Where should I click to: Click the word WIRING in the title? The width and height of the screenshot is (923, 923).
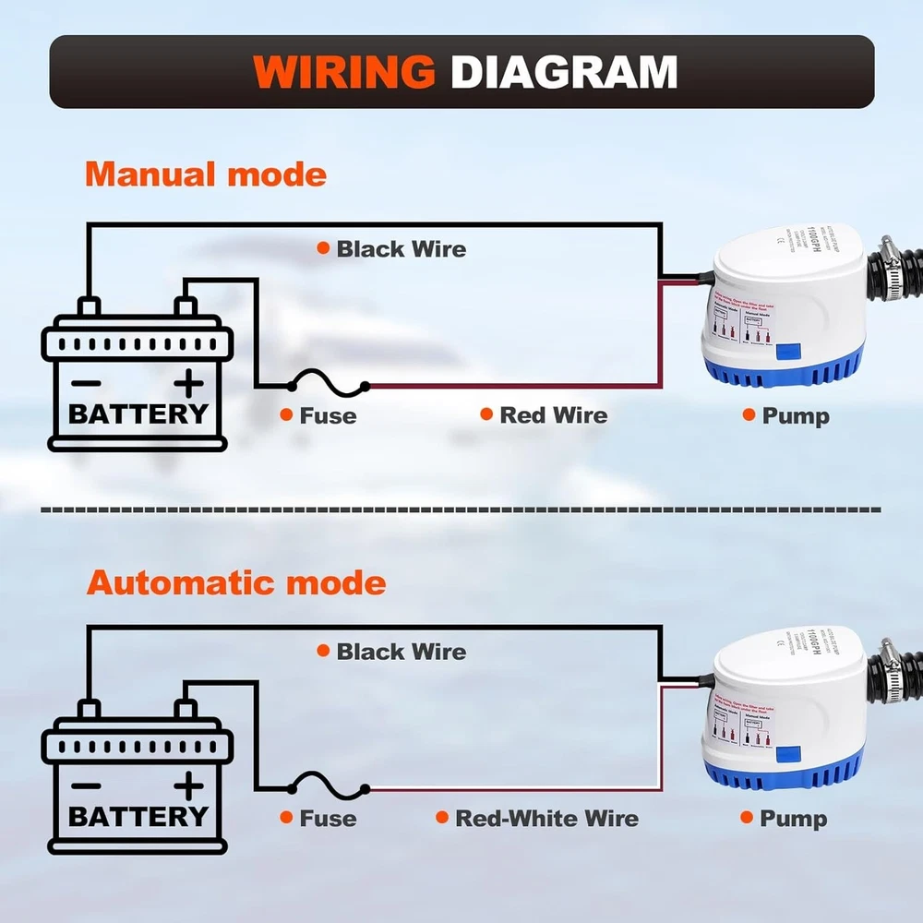[x=343, y=72]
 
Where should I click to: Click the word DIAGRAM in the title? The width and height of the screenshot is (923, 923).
[x=564, y=72]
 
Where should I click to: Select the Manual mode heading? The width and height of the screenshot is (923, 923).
[x=206, y=174]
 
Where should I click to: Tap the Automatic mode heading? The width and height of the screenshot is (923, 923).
[x=236, y=582]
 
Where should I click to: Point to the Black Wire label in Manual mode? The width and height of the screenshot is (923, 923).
[x=401, y=248]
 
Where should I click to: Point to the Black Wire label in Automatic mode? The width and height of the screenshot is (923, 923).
[x=401, y=652]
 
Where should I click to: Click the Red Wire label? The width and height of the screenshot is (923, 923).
[x=553, y=415]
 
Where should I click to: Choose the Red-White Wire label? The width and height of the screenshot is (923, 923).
[x=546, y=819]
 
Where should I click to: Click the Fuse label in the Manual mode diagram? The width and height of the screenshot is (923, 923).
[x=328, y=416]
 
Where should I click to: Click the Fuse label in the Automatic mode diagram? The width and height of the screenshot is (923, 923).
[x=328, y=819]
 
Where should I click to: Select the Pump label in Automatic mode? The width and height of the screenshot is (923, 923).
[x=793, y=819]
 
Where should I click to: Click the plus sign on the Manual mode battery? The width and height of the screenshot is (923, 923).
[x=188, y=380]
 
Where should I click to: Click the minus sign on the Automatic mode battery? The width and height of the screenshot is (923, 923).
[x=87, y=785]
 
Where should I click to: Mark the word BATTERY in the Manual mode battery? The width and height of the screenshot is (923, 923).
[x=138, y=414]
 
